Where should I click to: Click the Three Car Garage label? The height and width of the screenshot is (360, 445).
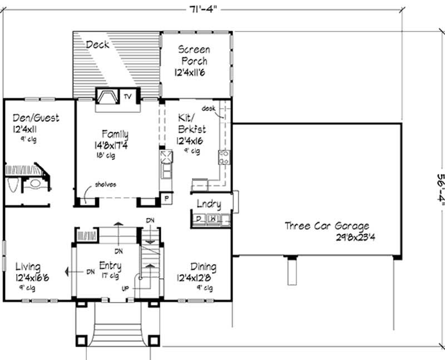click(327, 226)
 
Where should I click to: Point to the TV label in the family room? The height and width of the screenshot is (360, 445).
click(128, 97)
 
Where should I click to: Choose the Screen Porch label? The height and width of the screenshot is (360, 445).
click(194, 55)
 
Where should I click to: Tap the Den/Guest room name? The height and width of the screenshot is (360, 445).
click(36, 118)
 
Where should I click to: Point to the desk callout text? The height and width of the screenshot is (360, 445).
click(209, 108)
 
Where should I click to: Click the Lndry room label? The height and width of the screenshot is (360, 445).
click(209, 204)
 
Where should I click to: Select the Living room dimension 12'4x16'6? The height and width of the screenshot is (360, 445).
click(32, 277)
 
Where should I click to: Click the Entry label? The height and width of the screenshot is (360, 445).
click(110, 266)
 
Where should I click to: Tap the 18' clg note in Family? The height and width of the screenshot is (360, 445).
click(106, 155)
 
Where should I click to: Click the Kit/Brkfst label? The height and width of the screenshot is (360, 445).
click(191, 123)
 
